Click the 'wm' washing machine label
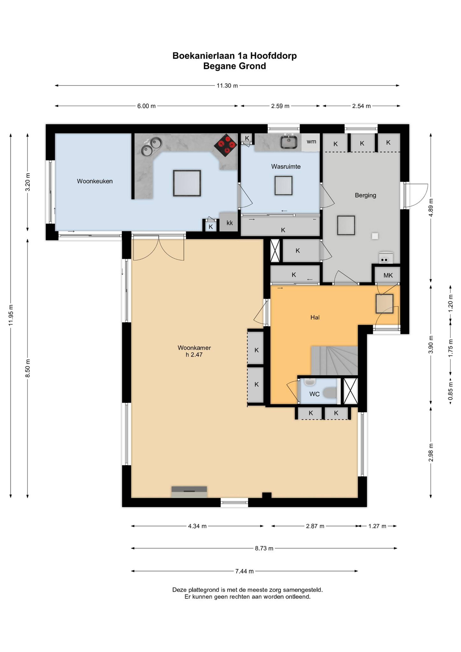[311, 141]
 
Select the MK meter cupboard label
[388, 275]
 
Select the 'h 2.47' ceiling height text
[194, 355]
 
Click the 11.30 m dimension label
[227, 85]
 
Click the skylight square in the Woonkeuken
[187, 183]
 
